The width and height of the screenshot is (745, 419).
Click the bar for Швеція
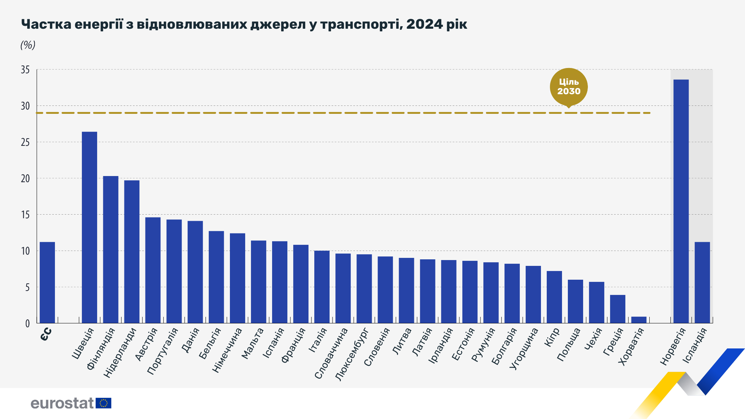coord(89,227)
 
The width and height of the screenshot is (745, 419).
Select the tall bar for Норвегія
coord(681,201)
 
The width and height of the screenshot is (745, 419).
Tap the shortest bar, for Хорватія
coord(639,320)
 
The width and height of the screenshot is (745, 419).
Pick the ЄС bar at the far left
coord(47,282)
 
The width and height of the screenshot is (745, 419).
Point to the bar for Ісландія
coord(702,282)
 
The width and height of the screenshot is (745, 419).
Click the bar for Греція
coord(618,309)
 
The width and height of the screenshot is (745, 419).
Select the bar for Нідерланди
coord(132,252)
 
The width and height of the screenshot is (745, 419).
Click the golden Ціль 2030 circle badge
coord(569,87)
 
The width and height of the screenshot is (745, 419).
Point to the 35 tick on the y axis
coord(25,70)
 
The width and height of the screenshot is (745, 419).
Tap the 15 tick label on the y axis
coord(25,215)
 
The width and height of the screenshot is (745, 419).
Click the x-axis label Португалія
coord(163,351)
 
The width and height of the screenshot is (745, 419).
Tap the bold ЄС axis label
coord(46,334)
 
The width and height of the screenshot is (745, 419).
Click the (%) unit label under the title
coord(28,45)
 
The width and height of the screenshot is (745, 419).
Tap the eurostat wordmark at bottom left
coord(62,403)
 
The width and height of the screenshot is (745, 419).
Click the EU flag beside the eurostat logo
coord(104,403)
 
